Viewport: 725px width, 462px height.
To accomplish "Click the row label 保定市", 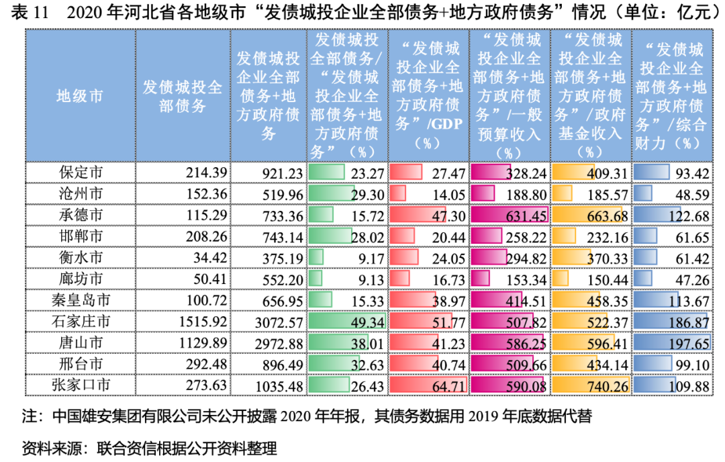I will pos(80,173).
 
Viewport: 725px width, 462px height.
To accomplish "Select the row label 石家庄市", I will pos(80,322).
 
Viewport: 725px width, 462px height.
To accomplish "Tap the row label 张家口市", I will pos(80,385).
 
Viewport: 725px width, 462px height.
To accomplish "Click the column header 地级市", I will pos(80,96).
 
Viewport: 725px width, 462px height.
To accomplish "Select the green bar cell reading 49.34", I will pos(347,322).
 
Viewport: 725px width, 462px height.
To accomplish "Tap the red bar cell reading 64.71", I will pos(429,385).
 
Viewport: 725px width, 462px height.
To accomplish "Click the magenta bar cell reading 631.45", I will pos(510,216).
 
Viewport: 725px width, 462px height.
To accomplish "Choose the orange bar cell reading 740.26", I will pos(591,385).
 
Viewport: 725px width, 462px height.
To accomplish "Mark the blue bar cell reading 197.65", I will pos(672,343).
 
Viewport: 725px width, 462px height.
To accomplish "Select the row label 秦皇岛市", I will pos(80,300).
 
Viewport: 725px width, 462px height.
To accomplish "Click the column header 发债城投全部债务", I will pos(183,96).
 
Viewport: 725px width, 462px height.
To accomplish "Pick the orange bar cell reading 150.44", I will pos(591,279).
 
